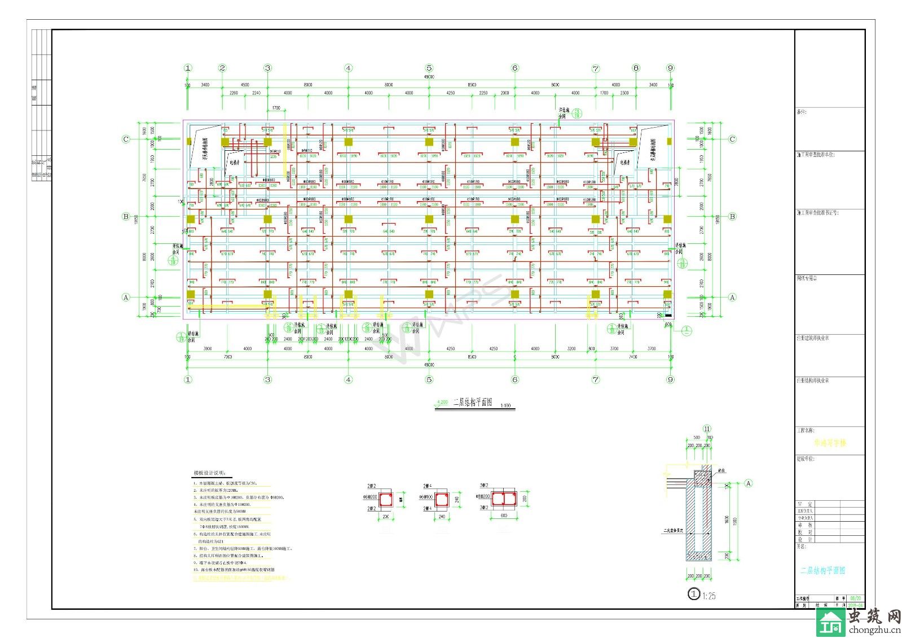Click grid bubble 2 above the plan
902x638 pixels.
[x=222, y=68]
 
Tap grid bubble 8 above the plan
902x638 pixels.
[x=636, y=68]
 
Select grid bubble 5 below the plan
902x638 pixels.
[x=429, y=379]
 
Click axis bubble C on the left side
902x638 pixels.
[x=126, y=139]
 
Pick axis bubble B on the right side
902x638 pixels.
[x=732, y=216]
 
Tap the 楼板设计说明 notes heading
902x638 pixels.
[x=209, y=473]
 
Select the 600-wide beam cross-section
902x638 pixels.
[x=503, y=499]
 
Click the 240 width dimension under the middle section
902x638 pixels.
[x=442, y=516]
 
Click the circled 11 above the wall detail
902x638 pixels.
[x=707, y=429]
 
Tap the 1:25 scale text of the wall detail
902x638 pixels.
[x=709, y=596]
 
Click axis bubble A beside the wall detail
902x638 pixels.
[x=749, y=483]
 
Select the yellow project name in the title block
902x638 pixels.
[x=830, y=443]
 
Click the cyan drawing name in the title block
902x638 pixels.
[x=822, y=570]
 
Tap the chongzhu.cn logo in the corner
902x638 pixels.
[x=859, y=622]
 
